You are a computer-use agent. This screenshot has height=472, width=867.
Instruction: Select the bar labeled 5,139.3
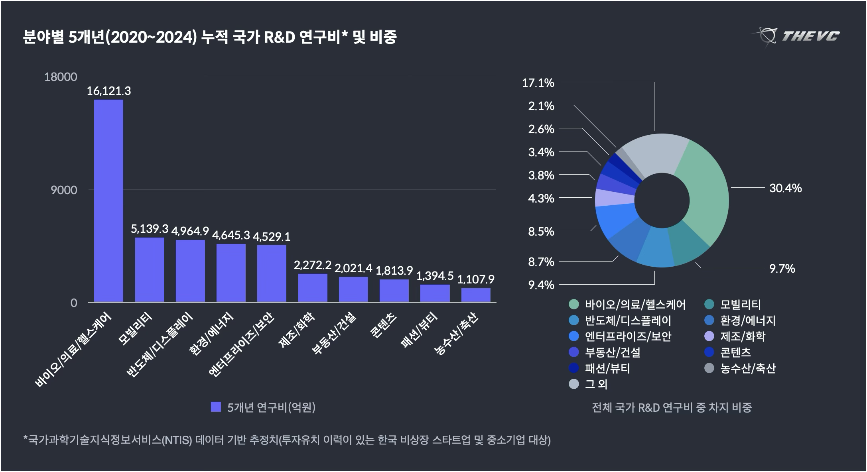click(150, 269)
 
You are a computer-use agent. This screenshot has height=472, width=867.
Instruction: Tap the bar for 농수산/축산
click(476, 295)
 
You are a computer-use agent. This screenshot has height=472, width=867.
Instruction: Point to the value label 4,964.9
click(190, 230)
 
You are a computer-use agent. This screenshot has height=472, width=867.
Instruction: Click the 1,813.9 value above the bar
click(394, 271)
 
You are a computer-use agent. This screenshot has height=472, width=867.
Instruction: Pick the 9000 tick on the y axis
click(64, 190)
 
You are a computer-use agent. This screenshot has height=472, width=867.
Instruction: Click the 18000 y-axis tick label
click(61, 77)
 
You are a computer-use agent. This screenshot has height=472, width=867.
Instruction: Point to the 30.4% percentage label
click(785, 188)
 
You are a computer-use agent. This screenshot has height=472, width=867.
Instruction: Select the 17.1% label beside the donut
click(538, 83)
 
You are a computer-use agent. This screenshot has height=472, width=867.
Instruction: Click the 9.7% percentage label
click(782, 269)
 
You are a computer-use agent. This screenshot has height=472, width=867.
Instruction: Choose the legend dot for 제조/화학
click(709, 336)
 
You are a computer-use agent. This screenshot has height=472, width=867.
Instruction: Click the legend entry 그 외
click(596, 384)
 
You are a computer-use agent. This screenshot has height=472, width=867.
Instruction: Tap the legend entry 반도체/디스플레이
click(628, 321)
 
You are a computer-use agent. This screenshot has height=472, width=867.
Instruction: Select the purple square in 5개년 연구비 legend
click(216, 407)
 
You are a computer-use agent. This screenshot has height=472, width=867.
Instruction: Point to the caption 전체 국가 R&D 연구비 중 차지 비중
click(672, 407)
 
